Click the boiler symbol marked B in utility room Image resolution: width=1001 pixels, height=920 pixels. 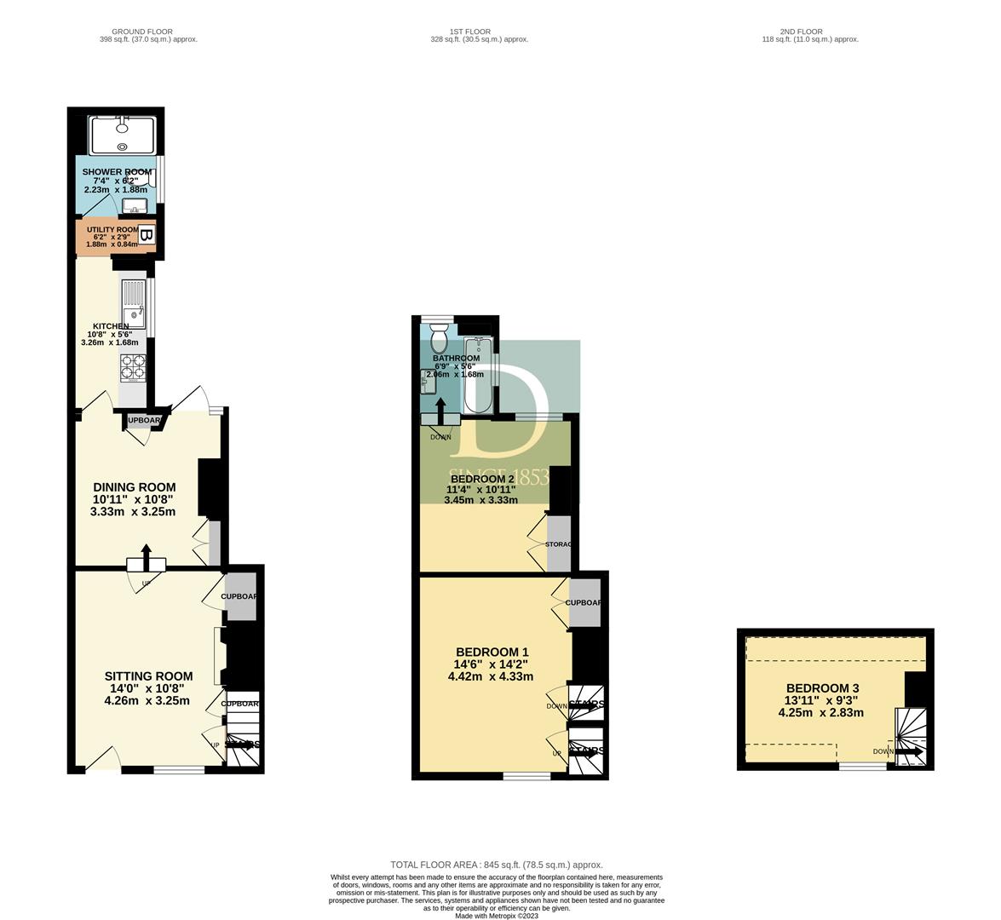click(x=146, y=235)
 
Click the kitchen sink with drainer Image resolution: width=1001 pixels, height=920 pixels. click(x=135, y=305)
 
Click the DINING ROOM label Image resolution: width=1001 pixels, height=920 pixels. click(x=135, y=487)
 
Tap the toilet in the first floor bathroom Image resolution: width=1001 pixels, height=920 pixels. click(x=440, y=340)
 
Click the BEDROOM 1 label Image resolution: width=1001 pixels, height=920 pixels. click(x=492, y=652)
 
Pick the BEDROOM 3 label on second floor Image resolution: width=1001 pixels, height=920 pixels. click(x=822, y=688)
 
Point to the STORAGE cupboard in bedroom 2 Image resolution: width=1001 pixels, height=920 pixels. click(x=558, y=543)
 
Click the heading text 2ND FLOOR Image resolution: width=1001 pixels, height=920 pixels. click(x=802, y=32)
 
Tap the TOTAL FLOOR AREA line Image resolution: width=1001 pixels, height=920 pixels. click(x=497, y=865)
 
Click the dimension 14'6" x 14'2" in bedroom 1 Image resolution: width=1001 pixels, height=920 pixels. click(x=491, y=664)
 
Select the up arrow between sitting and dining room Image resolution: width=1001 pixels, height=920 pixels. click(x=146, y=559)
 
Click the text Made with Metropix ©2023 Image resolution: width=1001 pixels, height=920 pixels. click(x=497, y=916)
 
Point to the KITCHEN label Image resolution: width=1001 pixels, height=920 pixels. click(x=111, y=326)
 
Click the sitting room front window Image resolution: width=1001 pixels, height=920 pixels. click(x=179, y=770)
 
